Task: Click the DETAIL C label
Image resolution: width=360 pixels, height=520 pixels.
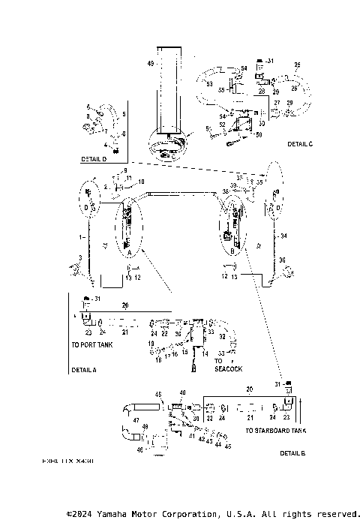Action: click(x=300, y=143)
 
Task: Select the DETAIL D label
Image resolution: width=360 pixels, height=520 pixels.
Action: click(x=94, y=160)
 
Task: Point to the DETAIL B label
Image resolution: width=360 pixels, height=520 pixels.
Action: click(x=292, y=453)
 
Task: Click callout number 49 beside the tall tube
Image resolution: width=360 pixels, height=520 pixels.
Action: click(x=151, y=65)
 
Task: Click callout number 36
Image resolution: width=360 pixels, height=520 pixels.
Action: click(x=282, y=260)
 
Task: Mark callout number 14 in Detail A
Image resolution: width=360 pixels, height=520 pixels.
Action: click(x=203, y=353)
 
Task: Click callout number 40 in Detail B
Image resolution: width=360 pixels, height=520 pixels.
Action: click(x=182, y=392)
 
